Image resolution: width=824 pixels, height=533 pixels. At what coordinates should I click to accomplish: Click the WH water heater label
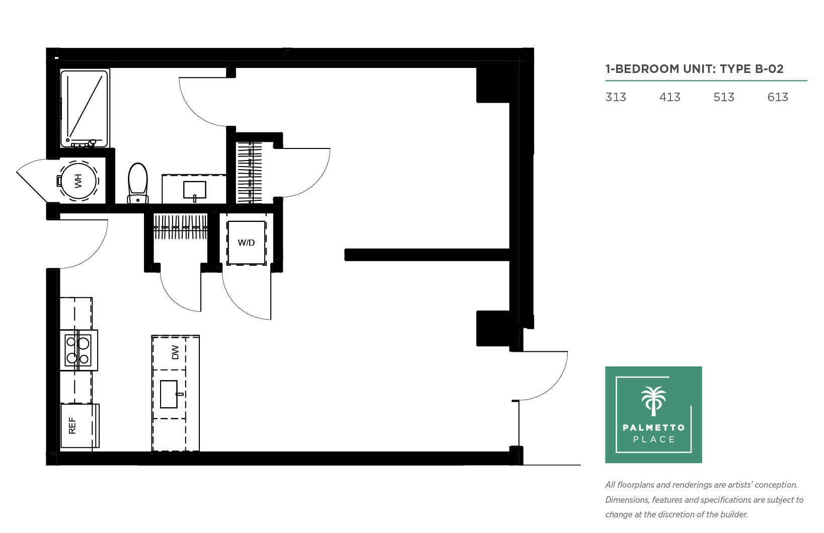(x=78, y=181)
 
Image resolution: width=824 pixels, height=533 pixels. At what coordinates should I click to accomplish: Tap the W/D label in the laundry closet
(x=246, y=243)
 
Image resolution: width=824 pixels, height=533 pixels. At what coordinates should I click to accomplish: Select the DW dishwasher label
(x=175, y=352)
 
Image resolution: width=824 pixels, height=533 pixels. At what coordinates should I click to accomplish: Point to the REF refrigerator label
(x=72, y=426)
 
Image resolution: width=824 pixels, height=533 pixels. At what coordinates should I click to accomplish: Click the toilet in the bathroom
(x=137, y=183)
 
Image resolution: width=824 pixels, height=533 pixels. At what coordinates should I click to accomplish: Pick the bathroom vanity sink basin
(x=195, y=190)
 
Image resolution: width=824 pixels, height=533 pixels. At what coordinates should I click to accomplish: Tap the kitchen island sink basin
(x=169, y=394)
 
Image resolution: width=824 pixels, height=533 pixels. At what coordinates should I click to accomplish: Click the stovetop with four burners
(x=78, y=350)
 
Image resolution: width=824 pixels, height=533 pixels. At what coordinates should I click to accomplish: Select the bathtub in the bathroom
(x=84, y=109)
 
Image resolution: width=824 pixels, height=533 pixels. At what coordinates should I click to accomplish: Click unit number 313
(x=616, y=97)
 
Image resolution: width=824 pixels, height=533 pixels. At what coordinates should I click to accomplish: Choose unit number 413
(x=669, y=97)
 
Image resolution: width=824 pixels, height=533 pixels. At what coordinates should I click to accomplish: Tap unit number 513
(x=723, y=97)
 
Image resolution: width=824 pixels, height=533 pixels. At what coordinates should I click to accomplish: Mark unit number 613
(x=778, y=97)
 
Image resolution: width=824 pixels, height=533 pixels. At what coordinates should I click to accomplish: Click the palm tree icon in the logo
(x=653, y=401)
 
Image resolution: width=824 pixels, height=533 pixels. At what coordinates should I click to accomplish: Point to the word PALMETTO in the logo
(x=653, y=427)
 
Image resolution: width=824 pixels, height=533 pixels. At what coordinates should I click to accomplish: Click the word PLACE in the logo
(x=654, y=439)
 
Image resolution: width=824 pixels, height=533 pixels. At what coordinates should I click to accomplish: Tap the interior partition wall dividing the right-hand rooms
(x=427, y=255)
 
